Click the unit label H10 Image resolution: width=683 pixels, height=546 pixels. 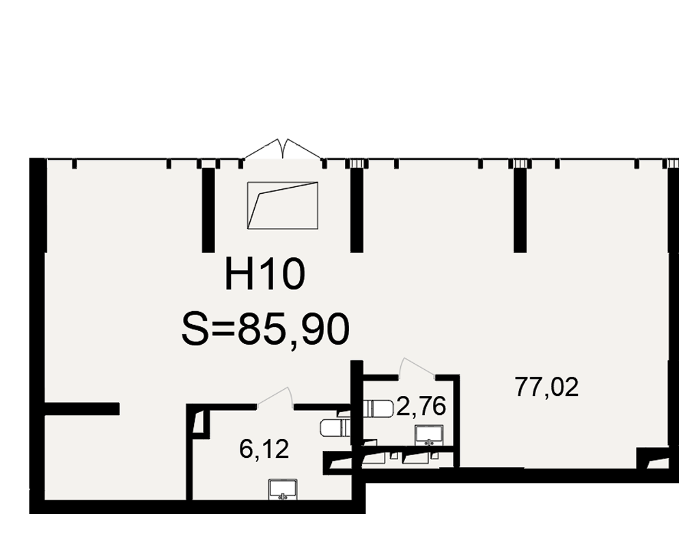(265, 274)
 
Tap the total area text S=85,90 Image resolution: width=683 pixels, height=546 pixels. (265, 329)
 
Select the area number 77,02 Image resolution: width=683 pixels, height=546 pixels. (546, 387)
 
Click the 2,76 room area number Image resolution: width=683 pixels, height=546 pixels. (421, 407)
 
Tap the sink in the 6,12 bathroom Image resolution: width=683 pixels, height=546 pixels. (283, 489)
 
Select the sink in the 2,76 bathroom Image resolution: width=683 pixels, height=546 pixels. (429, 435)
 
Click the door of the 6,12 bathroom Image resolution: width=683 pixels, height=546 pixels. (275, 397)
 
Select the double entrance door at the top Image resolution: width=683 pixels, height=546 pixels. (283, 149)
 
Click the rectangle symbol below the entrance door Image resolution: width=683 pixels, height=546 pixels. (283, 205)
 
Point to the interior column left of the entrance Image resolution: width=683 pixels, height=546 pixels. (208, 210)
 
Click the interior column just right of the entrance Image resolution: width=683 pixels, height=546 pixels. (357, 210)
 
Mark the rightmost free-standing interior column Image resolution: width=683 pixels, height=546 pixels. (520, 210)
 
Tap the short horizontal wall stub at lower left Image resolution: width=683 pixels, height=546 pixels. (82, 408)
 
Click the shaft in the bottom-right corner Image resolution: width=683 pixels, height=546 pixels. (652, 459)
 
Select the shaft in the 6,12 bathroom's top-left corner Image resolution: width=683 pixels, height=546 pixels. (201, 422)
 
